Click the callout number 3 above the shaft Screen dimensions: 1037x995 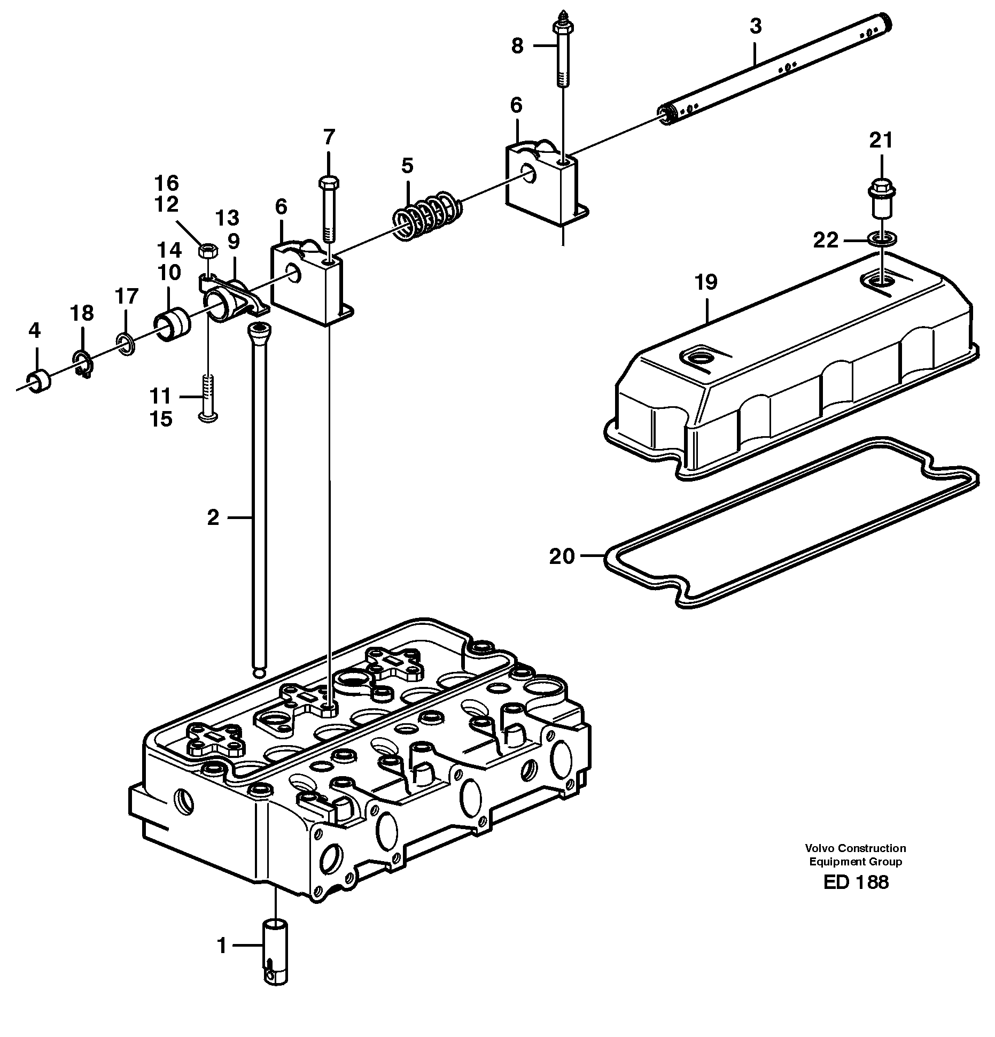click(755, 26)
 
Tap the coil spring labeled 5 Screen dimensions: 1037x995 click(427, 213)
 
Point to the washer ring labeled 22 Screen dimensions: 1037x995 click(882, 238)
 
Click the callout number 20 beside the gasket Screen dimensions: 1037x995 click(562, 556)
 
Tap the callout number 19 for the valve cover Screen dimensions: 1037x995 click(706, 282)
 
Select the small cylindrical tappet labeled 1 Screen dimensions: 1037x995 click(275, 951)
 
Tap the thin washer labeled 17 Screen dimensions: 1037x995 click(126, 346)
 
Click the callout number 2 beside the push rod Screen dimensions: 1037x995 click(213, 517)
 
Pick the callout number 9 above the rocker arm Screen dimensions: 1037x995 click(234, 242)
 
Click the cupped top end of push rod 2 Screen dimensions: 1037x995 click(259, 331)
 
